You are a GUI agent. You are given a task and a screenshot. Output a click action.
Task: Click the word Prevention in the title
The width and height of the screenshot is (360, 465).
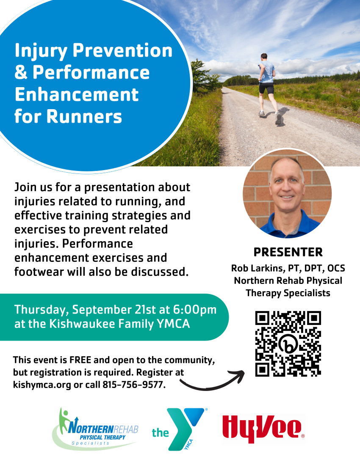pyautogui.click(x=122, y=50)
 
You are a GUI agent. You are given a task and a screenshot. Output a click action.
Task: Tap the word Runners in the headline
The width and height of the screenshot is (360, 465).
pyautogui.click(x=84, y=116)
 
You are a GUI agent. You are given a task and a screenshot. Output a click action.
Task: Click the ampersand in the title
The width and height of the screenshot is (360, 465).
pyautogui.click(x=21, y=72)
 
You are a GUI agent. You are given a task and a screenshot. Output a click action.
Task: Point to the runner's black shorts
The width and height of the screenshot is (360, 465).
pyautogui.click(x=266, y=88)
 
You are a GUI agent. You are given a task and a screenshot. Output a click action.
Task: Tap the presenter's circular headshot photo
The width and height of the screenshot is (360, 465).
pyautogui.click(x=287, y=194)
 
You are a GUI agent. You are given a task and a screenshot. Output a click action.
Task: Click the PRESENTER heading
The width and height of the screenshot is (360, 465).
pyautogui.click(x=288, y=252)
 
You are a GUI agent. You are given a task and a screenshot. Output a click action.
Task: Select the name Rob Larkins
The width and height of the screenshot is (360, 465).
pyautogui.click(x=257, y=268)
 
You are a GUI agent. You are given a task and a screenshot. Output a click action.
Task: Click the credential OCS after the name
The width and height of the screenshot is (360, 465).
pyautogui.click(x=336, y=268)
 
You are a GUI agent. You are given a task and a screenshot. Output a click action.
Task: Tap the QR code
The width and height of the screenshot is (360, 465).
pyautogui.click(x=288, y=344)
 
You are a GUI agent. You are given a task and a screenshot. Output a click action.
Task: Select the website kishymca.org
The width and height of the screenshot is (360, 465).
pyautogui.click(x=42, y=385)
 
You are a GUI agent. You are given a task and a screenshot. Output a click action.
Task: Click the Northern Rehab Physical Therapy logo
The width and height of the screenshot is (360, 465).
pyautogui.click(x=95, y=429)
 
